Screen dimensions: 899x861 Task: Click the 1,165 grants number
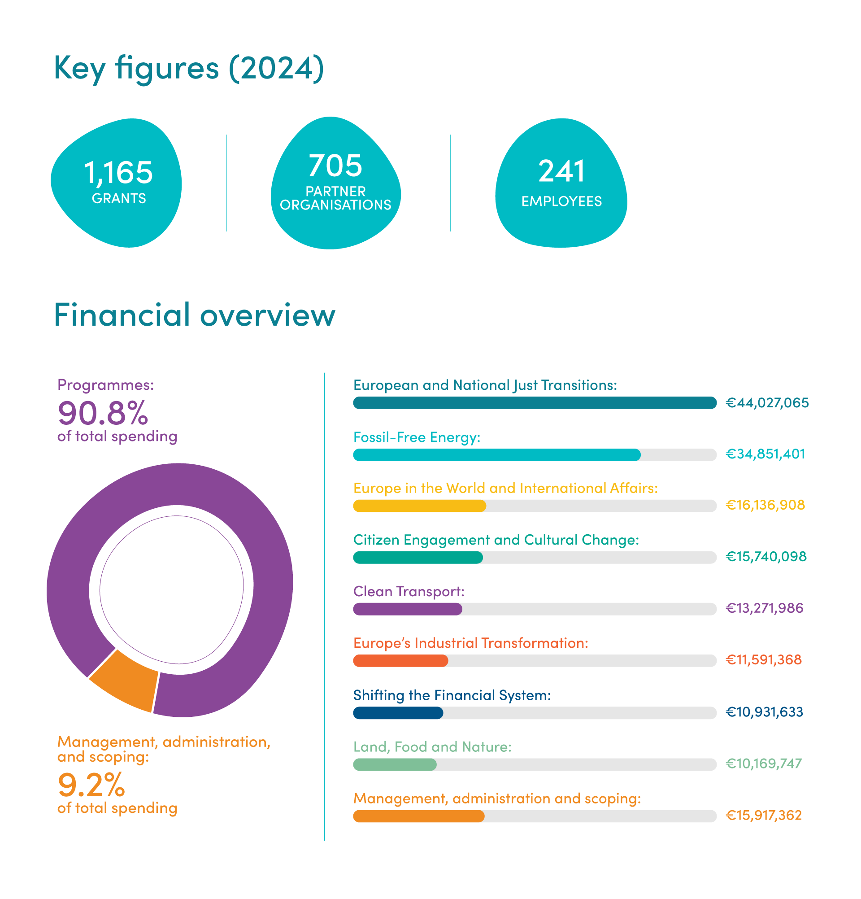coord(118,172)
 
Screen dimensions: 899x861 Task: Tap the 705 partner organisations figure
coord(335,166)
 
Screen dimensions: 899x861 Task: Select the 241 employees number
coord(561,171)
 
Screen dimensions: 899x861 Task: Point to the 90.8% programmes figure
coord(103,413)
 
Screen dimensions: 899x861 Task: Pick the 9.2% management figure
coord(91,785)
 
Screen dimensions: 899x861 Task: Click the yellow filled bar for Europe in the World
coord(419,506)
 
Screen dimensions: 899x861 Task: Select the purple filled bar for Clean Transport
coord(407,609)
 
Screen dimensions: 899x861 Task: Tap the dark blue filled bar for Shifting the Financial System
coord(397,712)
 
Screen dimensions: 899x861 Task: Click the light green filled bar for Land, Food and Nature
coord(394,764)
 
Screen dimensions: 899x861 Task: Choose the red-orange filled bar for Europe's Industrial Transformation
coord(400,660)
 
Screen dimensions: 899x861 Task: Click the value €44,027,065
coord(766,403)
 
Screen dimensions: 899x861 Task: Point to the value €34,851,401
coord(765,454)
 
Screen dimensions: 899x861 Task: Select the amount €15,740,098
coord(765,557)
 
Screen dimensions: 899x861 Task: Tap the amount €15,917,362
coord(763,816)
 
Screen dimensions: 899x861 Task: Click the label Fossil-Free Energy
coord(416,437)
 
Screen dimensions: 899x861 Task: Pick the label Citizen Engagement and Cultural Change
coord(496,540)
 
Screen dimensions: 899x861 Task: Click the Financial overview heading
coord(194,315)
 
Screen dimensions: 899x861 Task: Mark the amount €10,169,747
coord(763,764)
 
